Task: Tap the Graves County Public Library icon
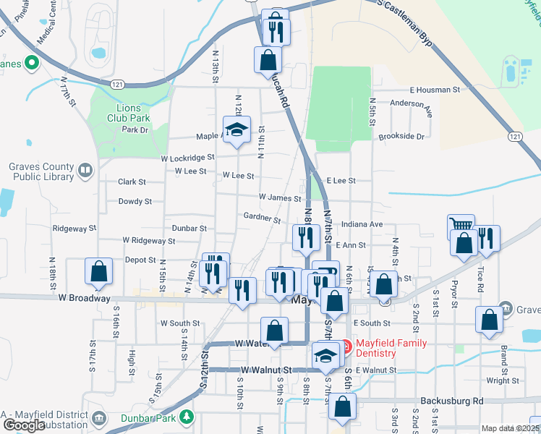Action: point(85,171)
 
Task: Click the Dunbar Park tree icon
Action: point(187,417)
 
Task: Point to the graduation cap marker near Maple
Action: point(236,130)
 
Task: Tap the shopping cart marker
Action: point(460,227)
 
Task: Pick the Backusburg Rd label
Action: point(451,401)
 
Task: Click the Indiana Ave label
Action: point(363,225)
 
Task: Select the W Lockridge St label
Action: point(187,157)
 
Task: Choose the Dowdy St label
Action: point(135,202)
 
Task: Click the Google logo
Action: point(24,425)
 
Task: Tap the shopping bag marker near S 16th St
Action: point(98,272)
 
